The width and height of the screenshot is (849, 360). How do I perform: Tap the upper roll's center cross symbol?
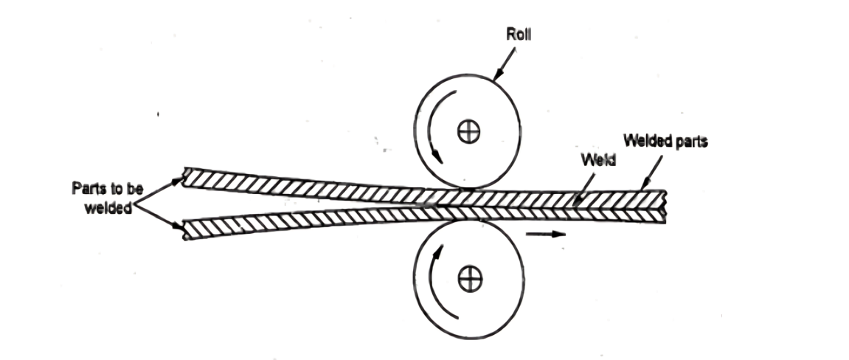point(466,131)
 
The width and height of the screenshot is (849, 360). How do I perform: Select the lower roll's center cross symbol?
point(466,278)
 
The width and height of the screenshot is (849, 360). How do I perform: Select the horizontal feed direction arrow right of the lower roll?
point(546,235)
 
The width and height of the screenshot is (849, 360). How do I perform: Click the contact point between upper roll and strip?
point(466,190)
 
